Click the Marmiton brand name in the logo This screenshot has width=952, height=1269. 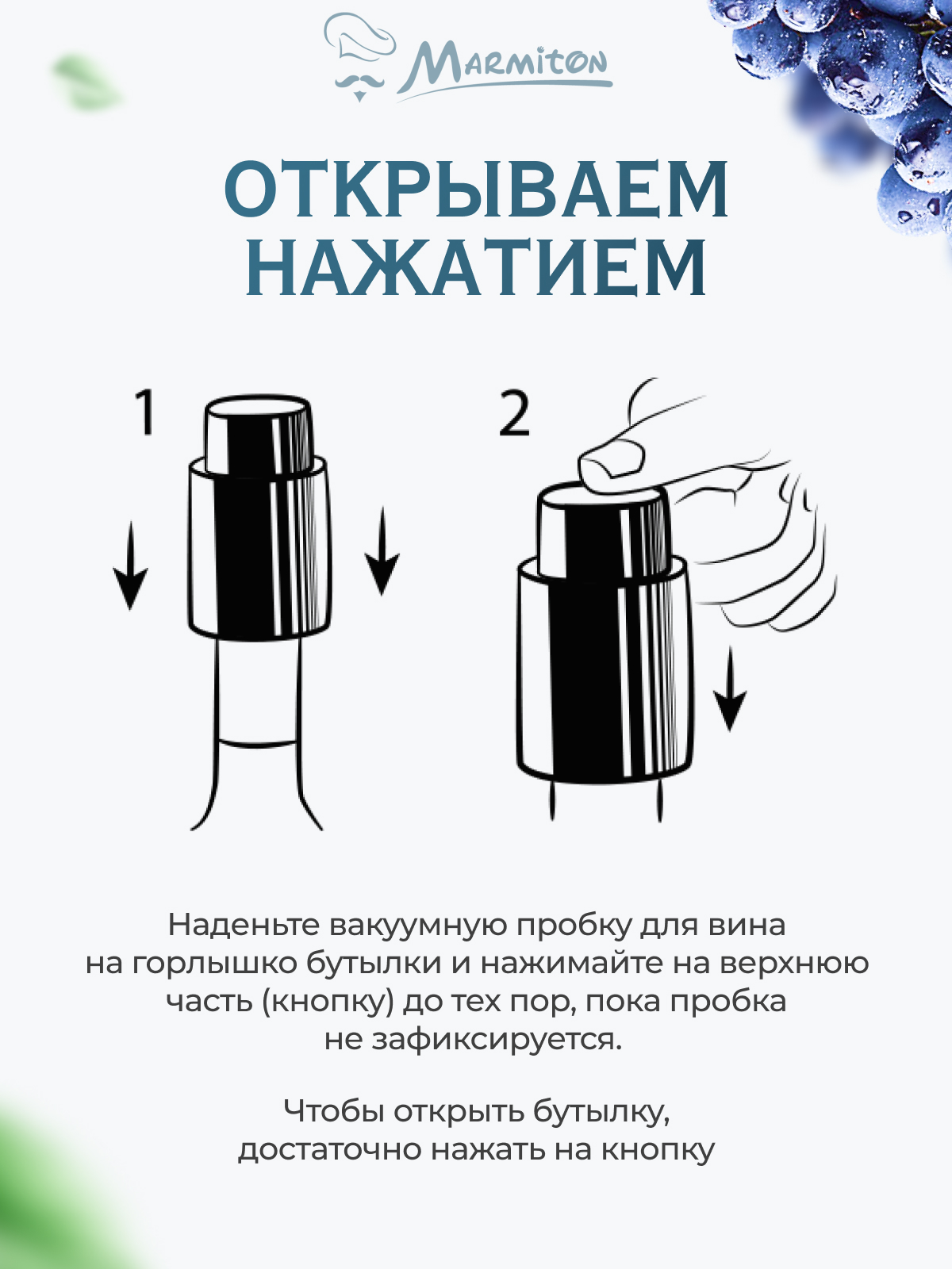pyautogui.click(x=508, y=67)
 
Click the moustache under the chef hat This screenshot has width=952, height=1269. pyautogui.click(x=359, y=82)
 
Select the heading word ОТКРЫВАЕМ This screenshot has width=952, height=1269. pyautogui.click(x=476, y=190)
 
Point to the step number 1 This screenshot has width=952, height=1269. pyautogui.click(x=144, y=412)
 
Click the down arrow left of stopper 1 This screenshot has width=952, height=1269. pyautogui.click(x=130, y=567)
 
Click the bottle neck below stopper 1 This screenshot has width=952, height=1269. pyautogui.click(x=258, y=698)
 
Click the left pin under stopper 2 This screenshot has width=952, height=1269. pyautogui.click(x=553, y=801)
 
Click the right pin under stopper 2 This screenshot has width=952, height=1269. pyautogui.click(x=659, y=801)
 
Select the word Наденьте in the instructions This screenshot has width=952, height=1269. pyautogui.click(x=244, y=925)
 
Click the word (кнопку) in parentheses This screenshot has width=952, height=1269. pyautogui.click(x=328, y=1001)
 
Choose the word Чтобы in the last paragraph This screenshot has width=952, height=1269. pyautogui.click(x=333, y=1111)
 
